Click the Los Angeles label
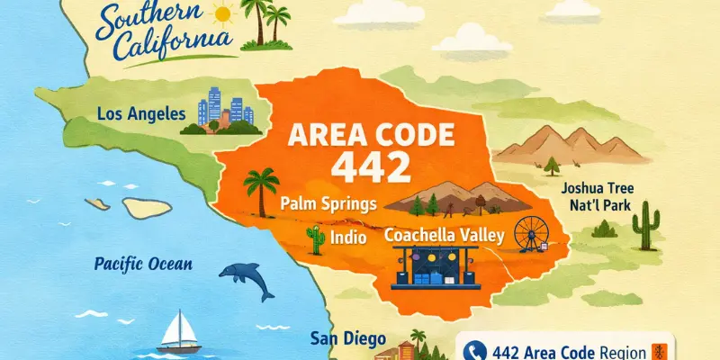click(146, 114)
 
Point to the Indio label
click(349, 238)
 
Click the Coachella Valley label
click(445, 236)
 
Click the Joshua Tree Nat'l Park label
click(598, 198)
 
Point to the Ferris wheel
click(531, 234)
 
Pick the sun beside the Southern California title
click(223, 15)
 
